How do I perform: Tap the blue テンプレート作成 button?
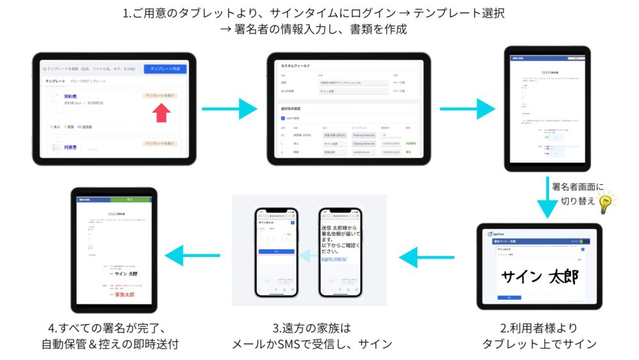pos(165,68)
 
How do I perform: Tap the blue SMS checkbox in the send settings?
pos(284,118)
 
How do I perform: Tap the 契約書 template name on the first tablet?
pos(70,96)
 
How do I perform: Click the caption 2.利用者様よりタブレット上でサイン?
pos(539,336)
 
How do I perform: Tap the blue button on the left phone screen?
pos(277,253)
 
